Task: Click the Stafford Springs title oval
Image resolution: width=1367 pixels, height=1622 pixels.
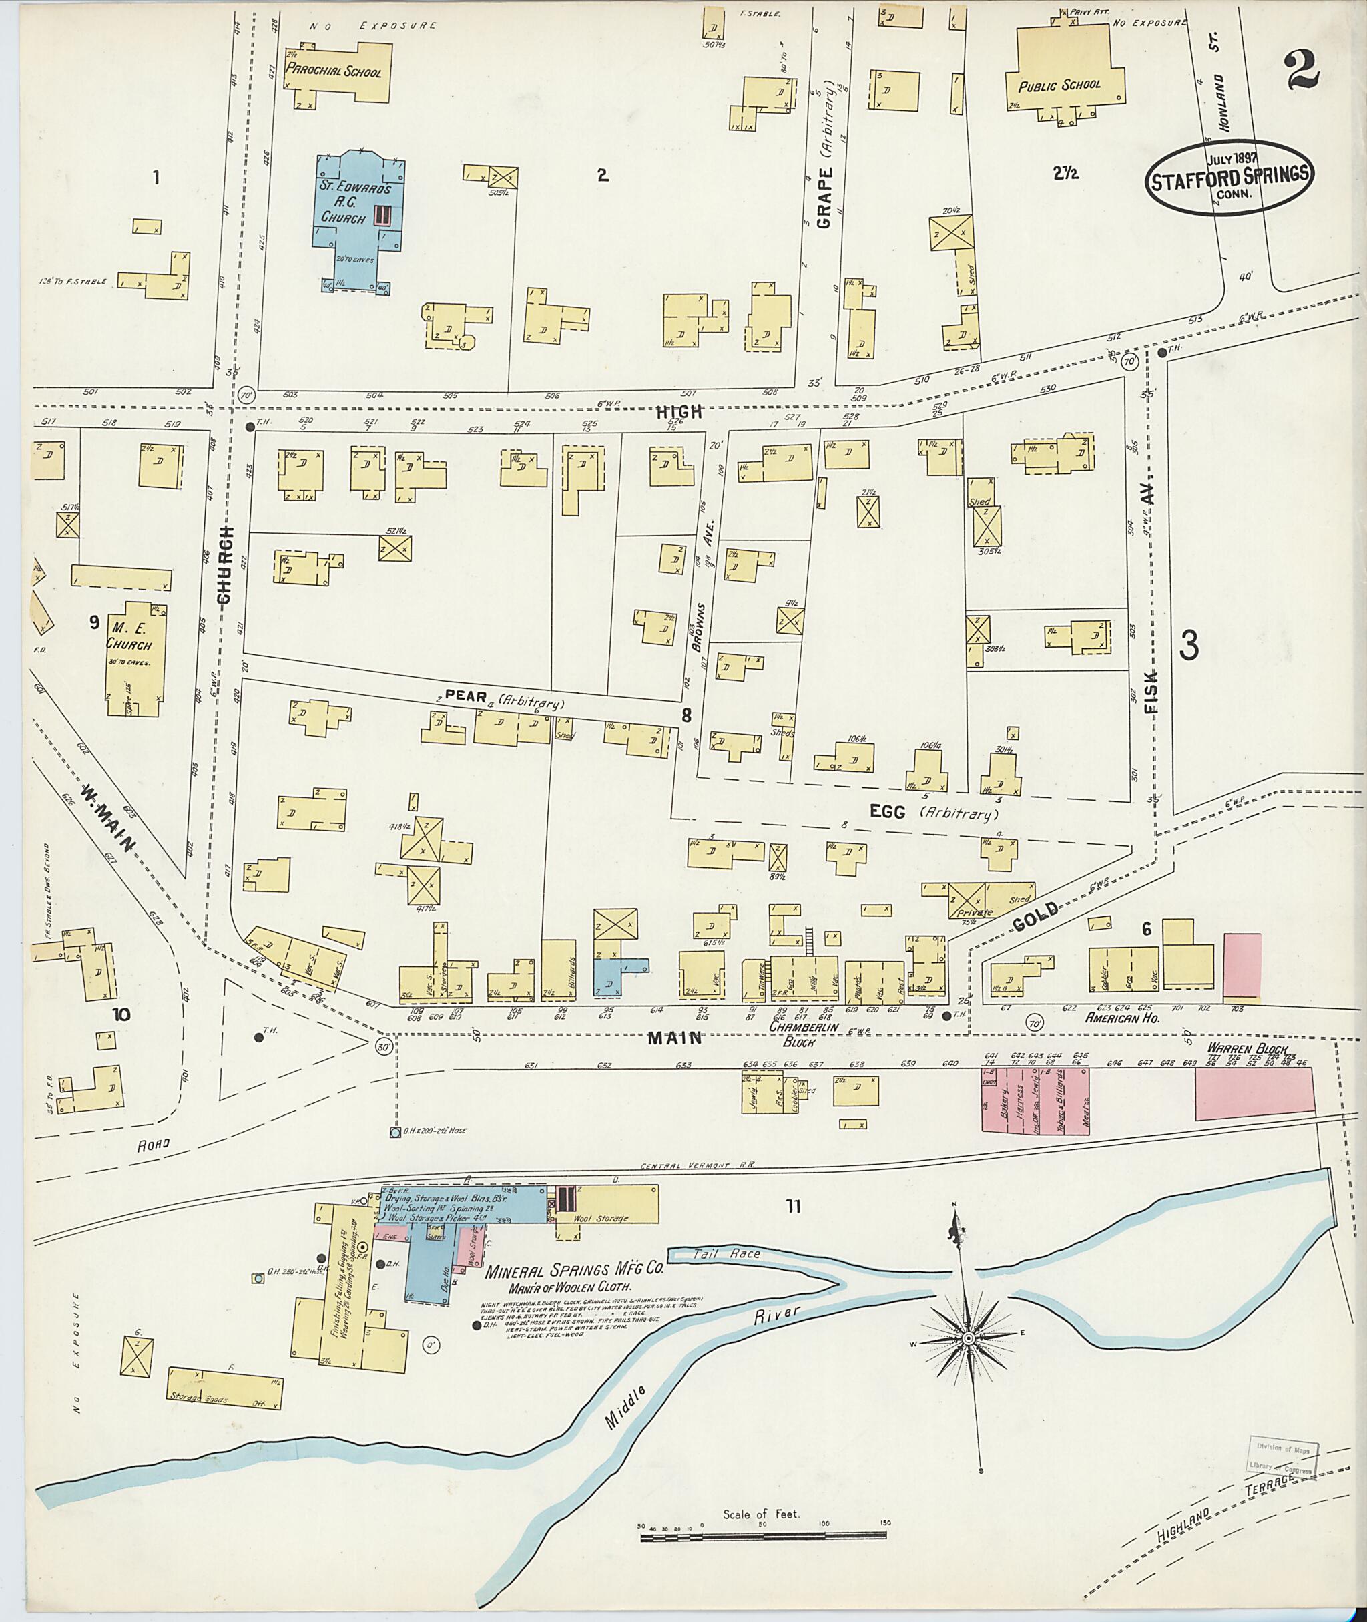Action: tap(1230, 177)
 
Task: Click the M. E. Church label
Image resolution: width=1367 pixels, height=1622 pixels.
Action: tap(129, 639)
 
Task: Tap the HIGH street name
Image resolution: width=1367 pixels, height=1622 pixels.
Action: tap(679, 413)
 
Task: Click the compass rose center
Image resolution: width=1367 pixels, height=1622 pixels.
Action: tap(968, 1339)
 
